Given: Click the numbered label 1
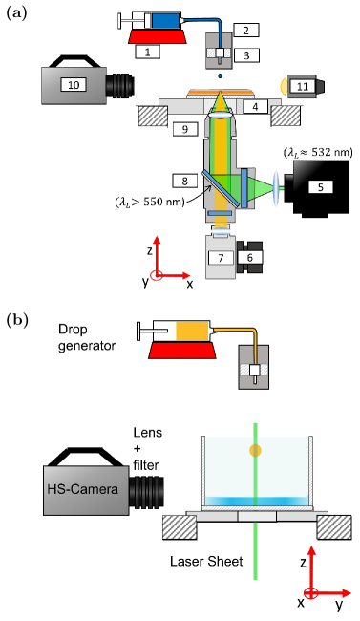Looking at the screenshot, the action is [x=148, y=52].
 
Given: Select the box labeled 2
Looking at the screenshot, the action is [x=246, y=31].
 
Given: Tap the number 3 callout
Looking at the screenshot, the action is [x=246, y=55].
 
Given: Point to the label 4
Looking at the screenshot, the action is [x=256, y=106].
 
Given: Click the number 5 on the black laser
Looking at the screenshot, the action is [x=321, y=187].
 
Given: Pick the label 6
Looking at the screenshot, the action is [x=249, y=257].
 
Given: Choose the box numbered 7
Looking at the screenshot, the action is [x=221, y=258].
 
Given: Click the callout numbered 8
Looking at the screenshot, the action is [x=184, y=181].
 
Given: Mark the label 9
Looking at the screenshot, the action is [x=185, y=129].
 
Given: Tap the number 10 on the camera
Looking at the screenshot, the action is [x=74, y=84].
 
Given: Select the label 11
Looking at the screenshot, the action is [x=303, y=86].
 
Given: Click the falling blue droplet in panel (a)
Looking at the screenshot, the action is [x=221, y=75].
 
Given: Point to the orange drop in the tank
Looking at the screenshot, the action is [x=256, y=450].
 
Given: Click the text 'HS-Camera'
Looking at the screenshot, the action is [x=83, y=489].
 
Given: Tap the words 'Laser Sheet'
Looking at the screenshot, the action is [x=206, y=561].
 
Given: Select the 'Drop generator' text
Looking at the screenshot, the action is [x=87, y=337].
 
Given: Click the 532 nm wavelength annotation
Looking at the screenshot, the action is [x=318, y=152].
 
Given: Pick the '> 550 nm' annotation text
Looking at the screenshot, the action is [x=150, y=203].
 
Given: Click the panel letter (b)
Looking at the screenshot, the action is [x=17, y=320].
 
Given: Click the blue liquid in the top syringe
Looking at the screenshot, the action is [x=163, y=21].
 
